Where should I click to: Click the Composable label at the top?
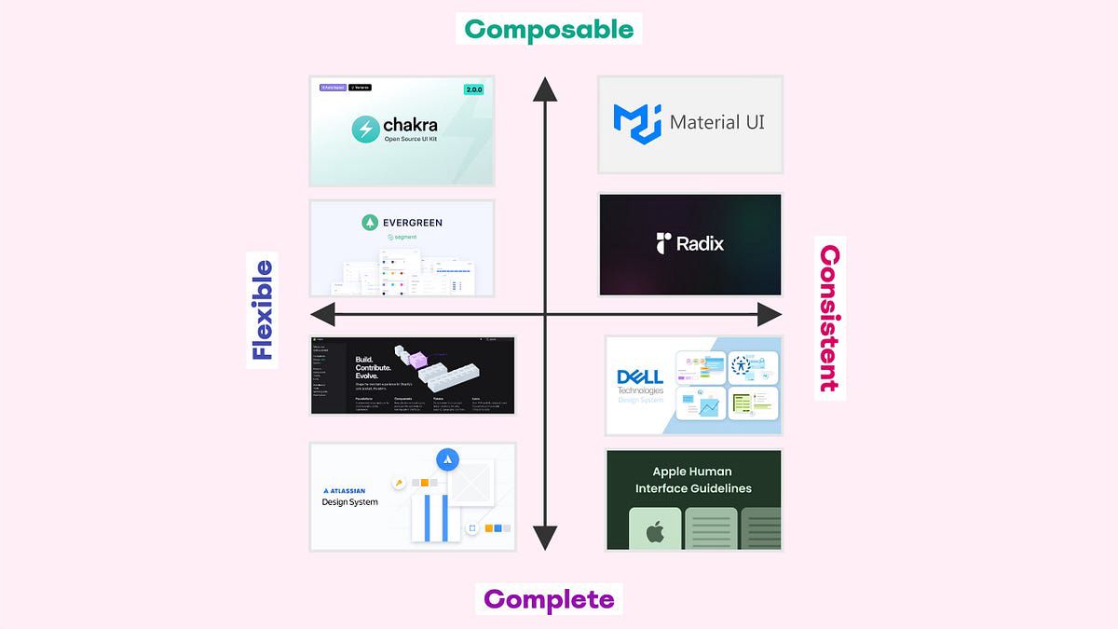[549, 29]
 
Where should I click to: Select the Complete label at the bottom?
[549, 598]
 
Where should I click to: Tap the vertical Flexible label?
[262, 310]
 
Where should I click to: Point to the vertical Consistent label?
[829, 318]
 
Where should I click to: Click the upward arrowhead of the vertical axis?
[544, 89]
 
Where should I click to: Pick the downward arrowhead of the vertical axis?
[544, 538]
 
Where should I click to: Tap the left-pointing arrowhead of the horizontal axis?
[322, 314]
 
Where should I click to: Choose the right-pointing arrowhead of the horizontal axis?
[769, 314]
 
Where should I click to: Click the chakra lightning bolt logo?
[365, 129]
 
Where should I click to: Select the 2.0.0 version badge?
[475, 90]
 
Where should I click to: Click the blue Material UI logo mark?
[635, 122]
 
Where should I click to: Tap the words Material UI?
[716, 122]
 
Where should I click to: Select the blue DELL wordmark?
[640, 376]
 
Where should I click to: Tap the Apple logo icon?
[655, 532]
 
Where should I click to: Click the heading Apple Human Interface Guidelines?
[693, 480]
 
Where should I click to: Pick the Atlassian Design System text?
[349, 497]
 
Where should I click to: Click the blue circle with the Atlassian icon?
[447, 459]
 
